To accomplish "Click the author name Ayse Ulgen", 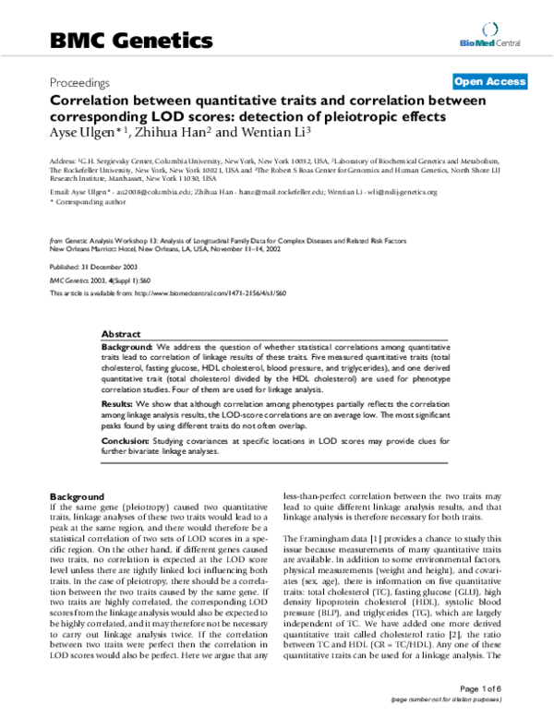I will (82, 136).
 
